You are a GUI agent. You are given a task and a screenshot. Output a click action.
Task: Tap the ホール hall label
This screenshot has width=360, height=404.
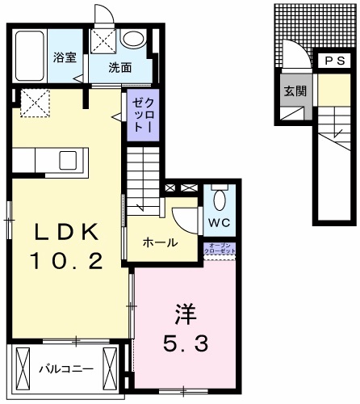[x=160, y=242]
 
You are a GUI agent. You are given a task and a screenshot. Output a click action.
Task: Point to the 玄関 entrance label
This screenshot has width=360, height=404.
[x=295, y=91]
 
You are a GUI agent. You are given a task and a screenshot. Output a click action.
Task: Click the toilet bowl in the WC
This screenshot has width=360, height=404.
[x=219, y=200]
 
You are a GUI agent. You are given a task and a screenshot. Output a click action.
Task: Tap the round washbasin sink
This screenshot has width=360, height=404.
[x=134, y=40]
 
